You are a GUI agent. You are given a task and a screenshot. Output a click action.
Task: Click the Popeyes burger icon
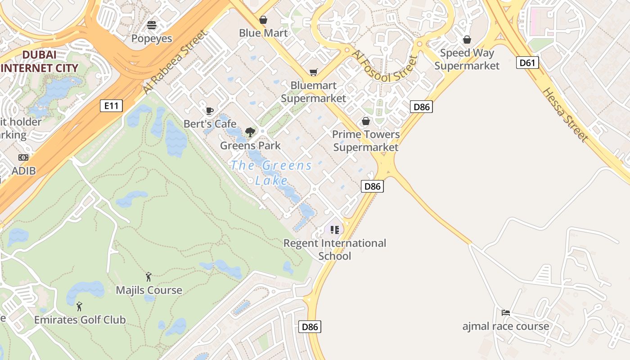point(152,25)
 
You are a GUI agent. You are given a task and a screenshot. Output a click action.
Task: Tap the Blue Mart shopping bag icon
point(263,20)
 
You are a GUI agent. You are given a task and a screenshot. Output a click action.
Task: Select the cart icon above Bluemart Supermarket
point(313,72)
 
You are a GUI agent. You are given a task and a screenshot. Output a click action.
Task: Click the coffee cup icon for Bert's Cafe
point(209,111)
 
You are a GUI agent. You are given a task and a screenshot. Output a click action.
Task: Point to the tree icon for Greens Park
point(250,132)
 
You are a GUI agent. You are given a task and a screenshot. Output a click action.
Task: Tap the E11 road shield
point(111,106)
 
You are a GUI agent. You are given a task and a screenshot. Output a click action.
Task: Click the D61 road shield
point(527,63)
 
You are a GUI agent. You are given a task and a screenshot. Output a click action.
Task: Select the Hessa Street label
point(565,114)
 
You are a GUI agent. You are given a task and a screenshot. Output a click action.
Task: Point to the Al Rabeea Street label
point(175,62)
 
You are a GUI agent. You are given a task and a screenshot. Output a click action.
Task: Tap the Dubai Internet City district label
point(40,62)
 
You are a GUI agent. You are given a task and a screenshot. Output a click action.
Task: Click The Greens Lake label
point(271,173)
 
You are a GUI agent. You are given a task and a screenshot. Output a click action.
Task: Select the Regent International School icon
point(334,230)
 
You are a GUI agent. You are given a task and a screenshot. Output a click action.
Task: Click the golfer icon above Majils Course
point(148,277)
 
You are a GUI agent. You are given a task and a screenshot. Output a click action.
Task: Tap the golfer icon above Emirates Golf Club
point(79,307)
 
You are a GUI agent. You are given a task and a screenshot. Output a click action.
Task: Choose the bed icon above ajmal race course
point(506,312)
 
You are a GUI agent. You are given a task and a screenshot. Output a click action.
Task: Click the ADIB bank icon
point(23,157)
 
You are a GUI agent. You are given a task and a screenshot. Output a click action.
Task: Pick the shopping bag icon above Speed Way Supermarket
point(467,40)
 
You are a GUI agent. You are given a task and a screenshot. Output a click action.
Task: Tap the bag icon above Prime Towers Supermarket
point(366,121)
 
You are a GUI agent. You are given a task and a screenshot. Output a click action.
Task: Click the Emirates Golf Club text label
point(80,320)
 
